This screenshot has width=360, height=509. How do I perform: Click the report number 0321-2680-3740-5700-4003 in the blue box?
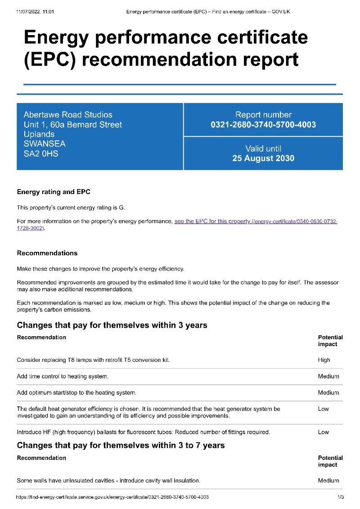[263, 125]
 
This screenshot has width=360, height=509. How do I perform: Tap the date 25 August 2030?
[263, 158]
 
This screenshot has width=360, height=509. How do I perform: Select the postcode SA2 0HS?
[41, 153]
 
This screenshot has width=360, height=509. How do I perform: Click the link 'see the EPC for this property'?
[212, 221]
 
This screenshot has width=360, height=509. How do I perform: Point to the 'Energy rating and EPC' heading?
[54, 192]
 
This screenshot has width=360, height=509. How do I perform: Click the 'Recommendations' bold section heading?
[47, 253]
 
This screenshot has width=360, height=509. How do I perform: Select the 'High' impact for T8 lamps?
[324, 360]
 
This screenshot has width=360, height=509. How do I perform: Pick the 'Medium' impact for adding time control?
[328, 376]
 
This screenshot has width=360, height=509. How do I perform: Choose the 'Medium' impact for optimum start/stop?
[328, 392]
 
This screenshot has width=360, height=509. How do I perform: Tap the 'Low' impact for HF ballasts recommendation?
[324, 432]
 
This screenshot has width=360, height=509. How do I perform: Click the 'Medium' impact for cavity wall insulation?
[328, 481]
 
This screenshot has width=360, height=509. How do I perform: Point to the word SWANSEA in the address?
[45, 144]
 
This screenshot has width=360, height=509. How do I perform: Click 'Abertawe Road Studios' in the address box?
[68, 115]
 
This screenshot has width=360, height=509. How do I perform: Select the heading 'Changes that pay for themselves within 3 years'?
[112, 325]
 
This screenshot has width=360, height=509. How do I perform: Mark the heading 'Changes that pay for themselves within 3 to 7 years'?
[121, 446]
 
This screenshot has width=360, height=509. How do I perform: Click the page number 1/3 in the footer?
[340, 497]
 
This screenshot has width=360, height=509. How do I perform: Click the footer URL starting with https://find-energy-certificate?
[112, 497]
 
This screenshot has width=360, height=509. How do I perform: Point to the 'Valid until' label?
[263, 149]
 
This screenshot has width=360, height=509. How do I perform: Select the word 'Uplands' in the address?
[39, 134]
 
